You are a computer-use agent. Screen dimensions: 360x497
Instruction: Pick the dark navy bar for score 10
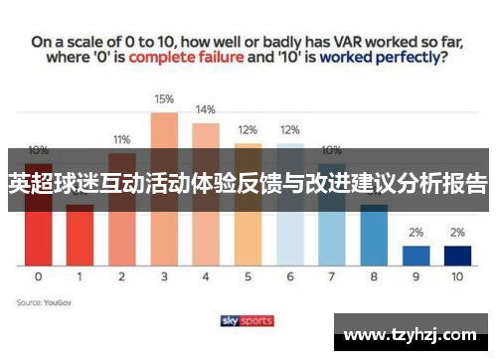point(457,255)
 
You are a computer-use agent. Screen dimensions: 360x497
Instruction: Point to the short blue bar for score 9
point(415,255)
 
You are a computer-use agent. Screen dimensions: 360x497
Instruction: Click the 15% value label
point(164,99)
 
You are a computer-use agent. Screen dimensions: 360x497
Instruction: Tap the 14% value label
point(206,109)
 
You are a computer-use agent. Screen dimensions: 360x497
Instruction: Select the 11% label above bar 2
point(121,139)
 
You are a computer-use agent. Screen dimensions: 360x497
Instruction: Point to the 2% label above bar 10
point(457,232)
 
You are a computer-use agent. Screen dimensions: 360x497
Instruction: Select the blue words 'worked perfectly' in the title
point(377,58)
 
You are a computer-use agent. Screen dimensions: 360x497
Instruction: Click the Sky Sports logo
point(248,321)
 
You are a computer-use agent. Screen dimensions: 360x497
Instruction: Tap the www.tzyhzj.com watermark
point(410,332)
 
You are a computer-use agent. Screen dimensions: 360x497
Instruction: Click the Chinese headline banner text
point(248,185)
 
